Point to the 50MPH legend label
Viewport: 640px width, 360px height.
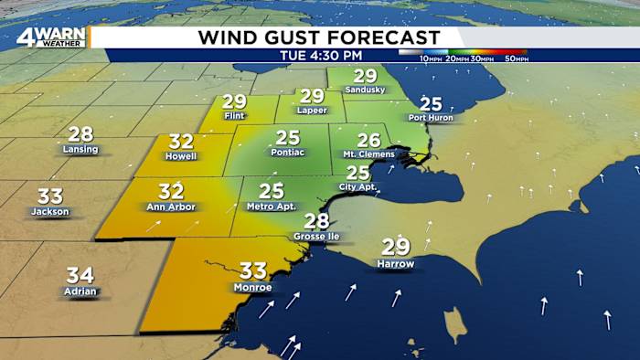[x=516, y=58]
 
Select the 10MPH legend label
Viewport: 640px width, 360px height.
[x=432, y=58]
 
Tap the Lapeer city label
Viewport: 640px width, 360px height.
[x=312, y=111]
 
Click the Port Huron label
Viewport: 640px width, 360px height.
[x=431, y=118]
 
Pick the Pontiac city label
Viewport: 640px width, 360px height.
[x=288, y=153]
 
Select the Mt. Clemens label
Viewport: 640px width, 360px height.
[x=368, y=154]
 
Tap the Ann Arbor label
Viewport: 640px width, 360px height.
[x=171, y=206]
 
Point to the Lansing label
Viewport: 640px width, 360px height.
[x=80, y=148]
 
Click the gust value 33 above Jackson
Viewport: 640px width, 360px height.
[x=49, y=196]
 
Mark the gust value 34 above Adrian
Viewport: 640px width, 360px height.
[x=80, y=274]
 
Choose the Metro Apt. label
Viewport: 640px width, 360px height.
[x=272, y=206]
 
